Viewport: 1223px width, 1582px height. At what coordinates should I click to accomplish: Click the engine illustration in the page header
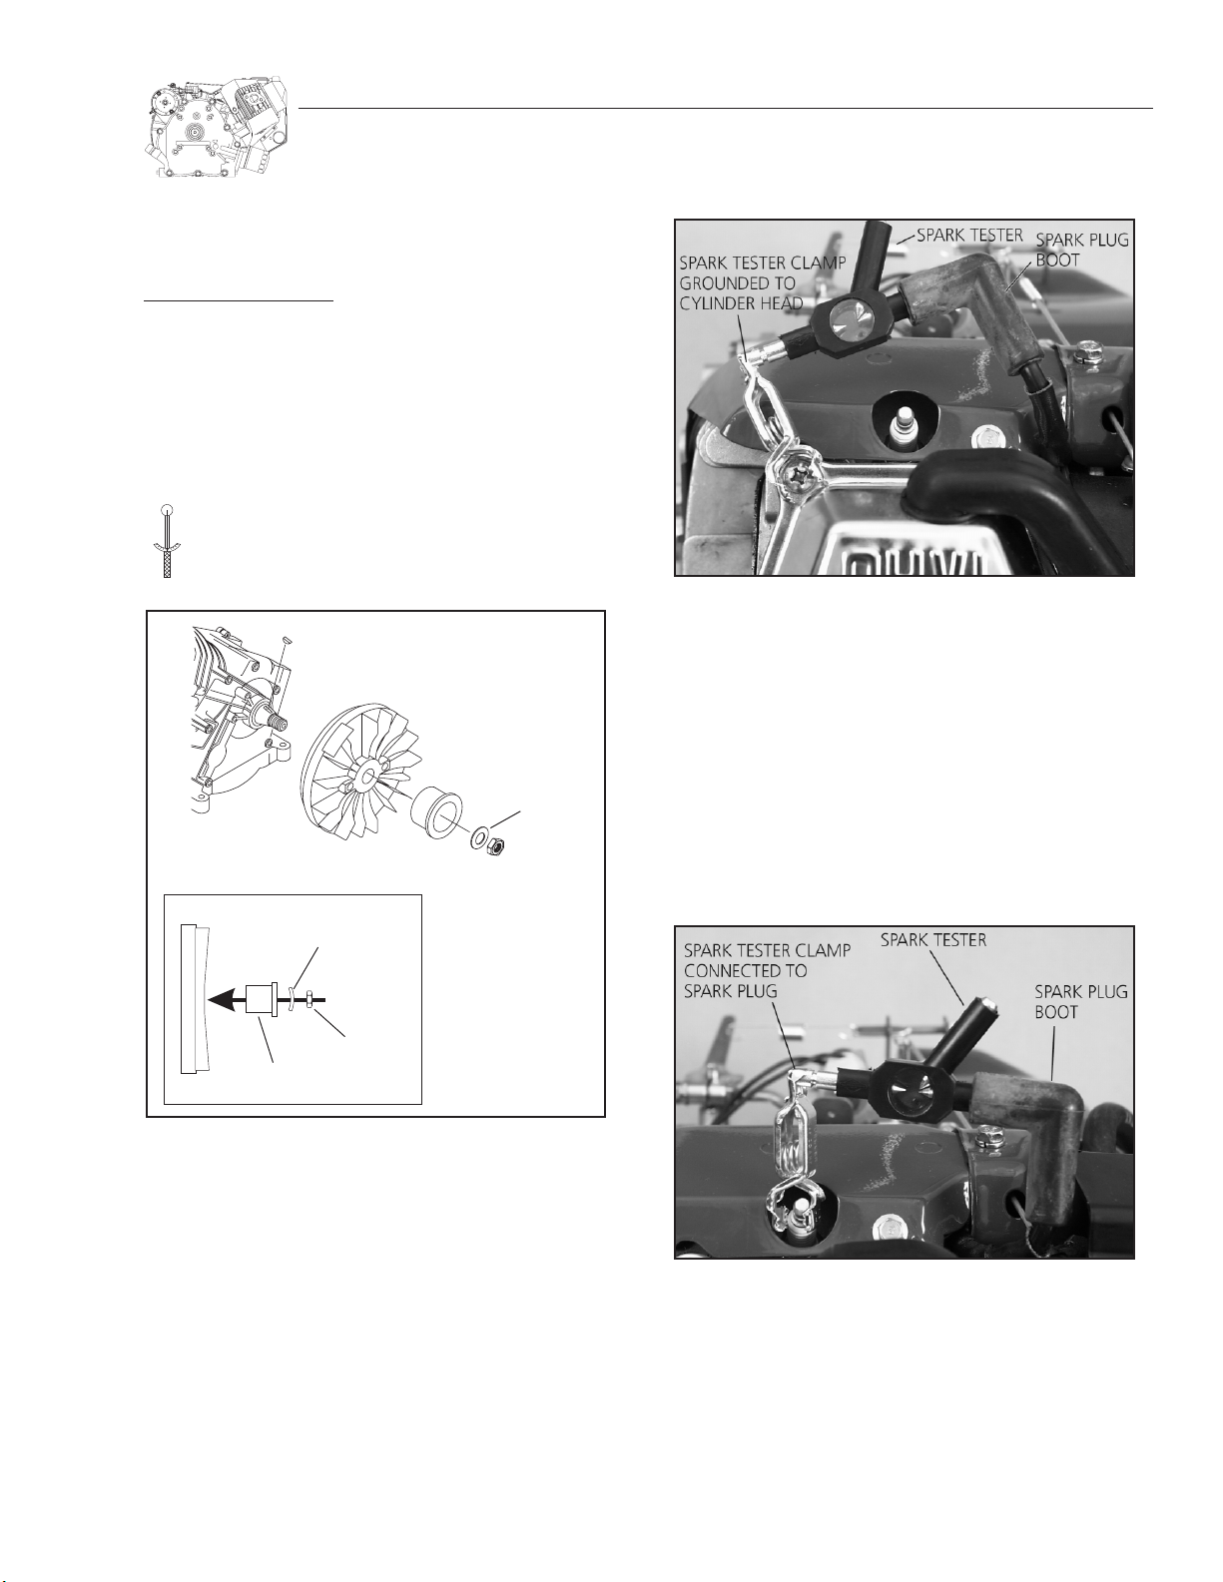[219, 127]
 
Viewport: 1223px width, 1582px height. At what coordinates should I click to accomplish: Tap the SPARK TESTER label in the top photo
[969, 236]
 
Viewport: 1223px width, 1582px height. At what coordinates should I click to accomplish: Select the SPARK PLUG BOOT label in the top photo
[1082, 250]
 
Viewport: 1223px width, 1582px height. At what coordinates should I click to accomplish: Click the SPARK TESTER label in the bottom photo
[933, 940]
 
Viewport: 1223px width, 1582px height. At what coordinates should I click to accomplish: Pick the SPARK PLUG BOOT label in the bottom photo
[1081, 1001]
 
